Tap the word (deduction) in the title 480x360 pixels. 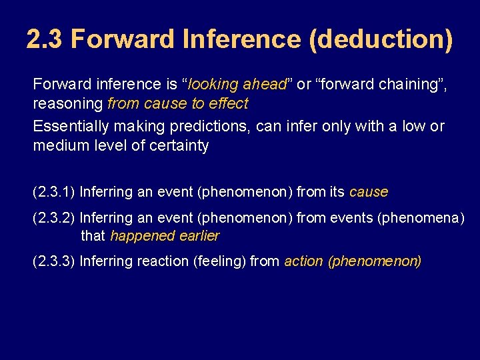[x=381, y=39]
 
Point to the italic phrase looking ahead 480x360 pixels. [x=237, y=85]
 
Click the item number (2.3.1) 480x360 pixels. [x=54, y=192]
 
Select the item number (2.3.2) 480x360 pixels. [x=54, y=217]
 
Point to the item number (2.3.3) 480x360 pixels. [x=54, y=261]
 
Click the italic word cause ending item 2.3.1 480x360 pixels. [x=368, y=192]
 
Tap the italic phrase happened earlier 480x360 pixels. [x=165, y=236]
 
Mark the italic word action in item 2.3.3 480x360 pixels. [x=304, y=261]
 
